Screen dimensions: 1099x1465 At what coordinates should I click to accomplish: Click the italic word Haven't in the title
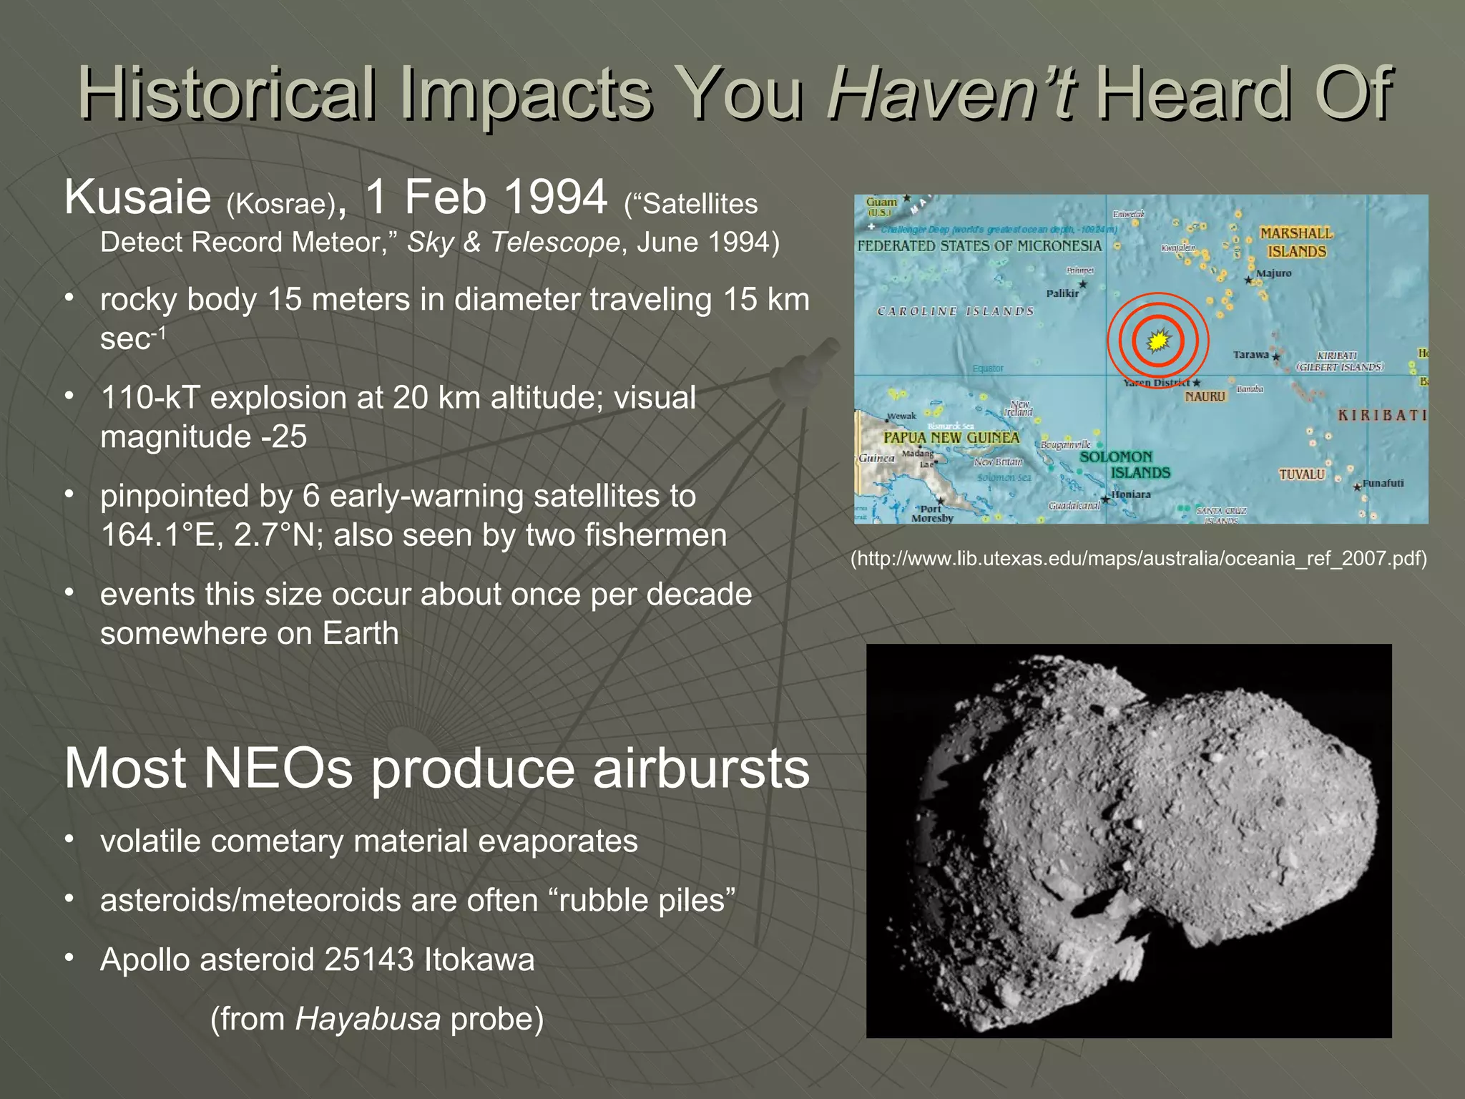click(x=950, y=93)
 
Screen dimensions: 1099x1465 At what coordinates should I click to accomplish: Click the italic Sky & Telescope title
click(x=513, y=243)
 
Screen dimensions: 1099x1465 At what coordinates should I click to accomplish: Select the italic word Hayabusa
click(x=368, y=1019)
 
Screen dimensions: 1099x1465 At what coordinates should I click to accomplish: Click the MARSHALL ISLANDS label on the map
click(x=1296, y=243)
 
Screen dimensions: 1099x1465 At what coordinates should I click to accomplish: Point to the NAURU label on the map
click(x=1205, y=396)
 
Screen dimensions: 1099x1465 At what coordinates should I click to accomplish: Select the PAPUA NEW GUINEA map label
click(x=951, y=437)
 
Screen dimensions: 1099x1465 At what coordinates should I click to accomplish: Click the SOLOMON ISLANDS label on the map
click(x=1124, y=464)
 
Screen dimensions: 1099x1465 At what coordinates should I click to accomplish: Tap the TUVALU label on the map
click(x=1301, y=474)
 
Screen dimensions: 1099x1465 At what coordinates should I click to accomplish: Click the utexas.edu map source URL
click(x=1138, y=558)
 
